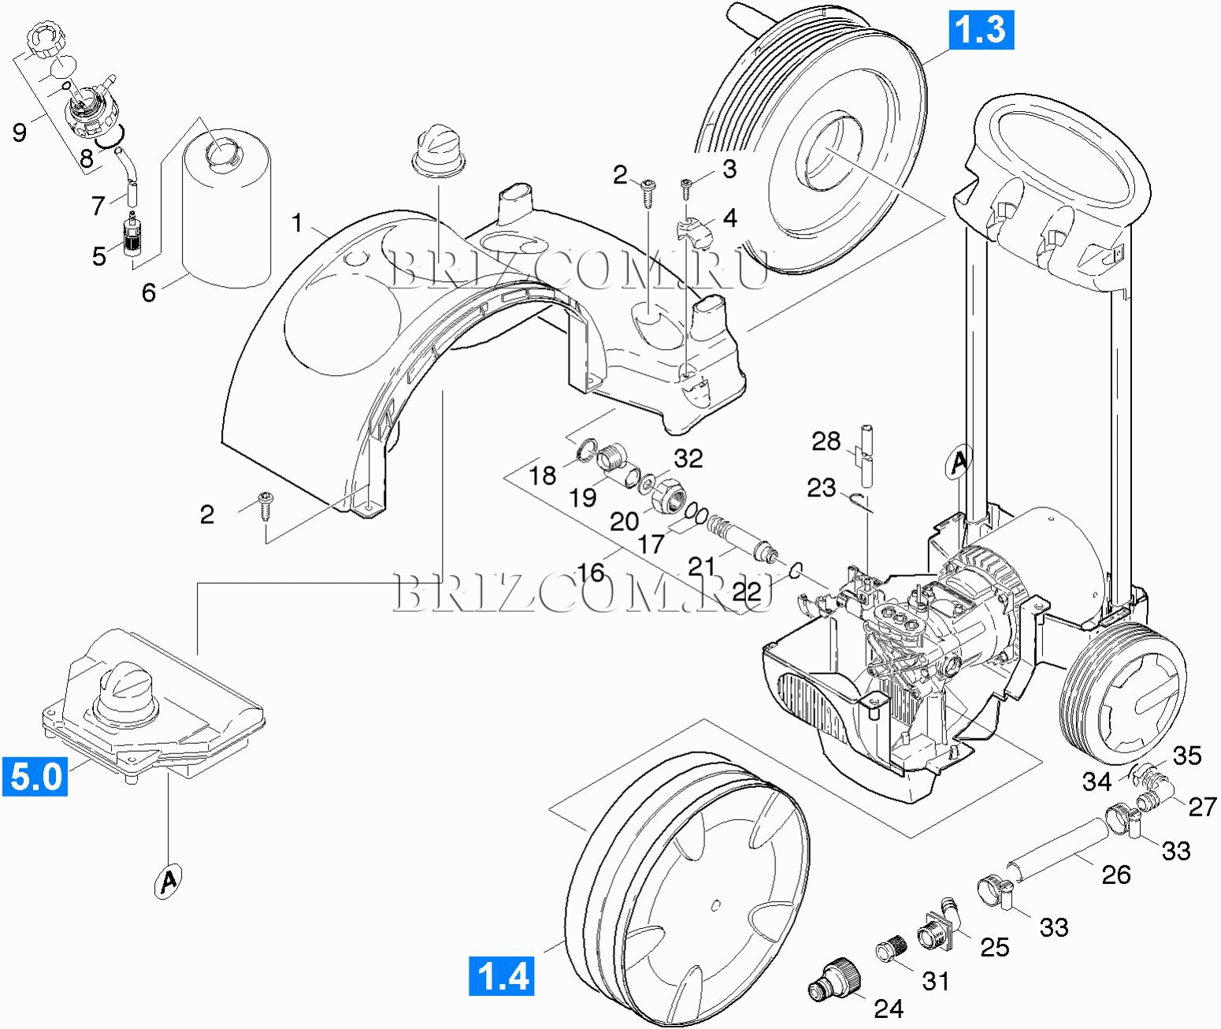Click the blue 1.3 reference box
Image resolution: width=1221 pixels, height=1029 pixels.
tap(981, 29)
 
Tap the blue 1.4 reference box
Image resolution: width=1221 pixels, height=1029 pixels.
tap(502, 975)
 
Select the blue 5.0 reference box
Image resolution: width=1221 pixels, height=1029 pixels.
tap(34, 776)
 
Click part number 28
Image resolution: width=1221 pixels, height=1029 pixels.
tap(826, 441)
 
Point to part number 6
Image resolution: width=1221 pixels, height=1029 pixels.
tap(149, 293)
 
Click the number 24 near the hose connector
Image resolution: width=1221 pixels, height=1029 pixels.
tap(889, 1009)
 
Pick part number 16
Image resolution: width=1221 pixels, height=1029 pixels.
tap(591, 572)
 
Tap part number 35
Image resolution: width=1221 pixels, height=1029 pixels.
tap(1187, 756)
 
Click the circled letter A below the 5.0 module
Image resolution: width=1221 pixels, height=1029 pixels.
tap(166, 881)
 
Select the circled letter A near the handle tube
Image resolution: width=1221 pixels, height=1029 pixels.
tap(959, 461)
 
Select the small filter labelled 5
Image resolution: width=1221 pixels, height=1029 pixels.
tap(128, 234)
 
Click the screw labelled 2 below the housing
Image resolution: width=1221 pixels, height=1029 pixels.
tap(265, 505)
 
